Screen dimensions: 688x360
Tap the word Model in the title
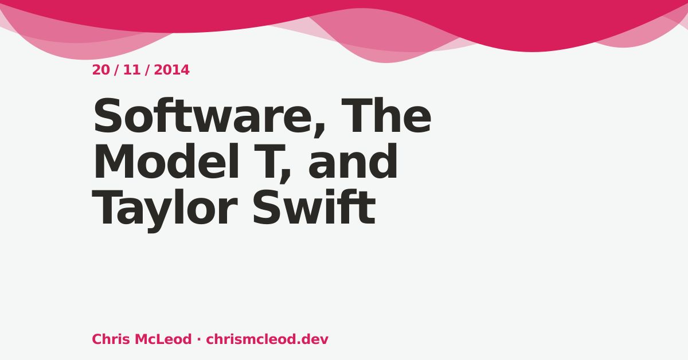[166, 161]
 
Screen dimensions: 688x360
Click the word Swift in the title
[314, 207]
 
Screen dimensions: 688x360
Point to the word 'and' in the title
[353, 161]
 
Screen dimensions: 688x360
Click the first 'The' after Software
[386, 115]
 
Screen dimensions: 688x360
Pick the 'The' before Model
[386, 115]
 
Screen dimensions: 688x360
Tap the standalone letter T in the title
[269, 161]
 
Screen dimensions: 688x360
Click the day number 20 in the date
[101, 70]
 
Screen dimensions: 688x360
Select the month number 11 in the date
[132, 70]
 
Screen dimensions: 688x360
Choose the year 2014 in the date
[171, 70]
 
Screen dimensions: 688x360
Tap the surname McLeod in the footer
[163, 339]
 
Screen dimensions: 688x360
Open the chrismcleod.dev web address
[267, 339]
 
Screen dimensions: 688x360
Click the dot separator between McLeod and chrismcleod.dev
[199, 340]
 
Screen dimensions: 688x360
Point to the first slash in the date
[116, 70]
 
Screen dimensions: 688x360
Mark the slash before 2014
[147, 70]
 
